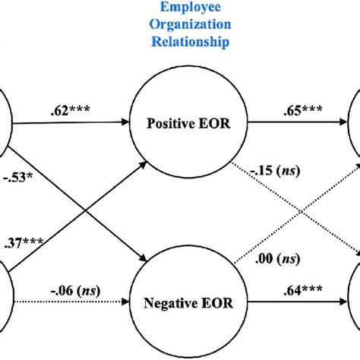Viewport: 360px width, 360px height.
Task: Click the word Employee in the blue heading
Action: (180, 10)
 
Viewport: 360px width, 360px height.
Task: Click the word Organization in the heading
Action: (180, 27)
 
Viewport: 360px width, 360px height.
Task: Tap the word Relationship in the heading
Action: (180, 43)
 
